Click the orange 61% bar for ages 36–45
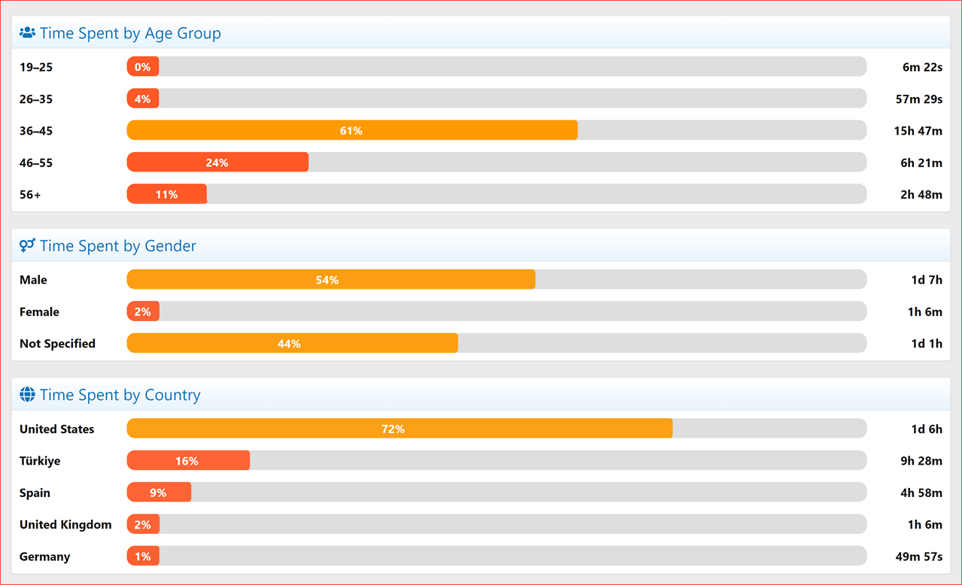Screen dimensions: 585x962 click(352, 131)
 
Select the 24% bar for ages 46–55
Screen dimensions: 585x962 click(217, 162)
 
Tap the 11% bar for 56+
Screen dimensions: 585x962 click(167, 194)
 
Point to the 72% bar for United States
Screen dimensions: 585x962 click(399, 429)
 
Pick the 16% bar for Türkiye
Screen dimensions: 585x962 click(188, 461)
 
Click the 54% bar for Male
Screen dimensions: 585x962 click(331, 280)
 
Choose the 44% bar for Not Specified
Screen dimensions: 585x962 click(292, 344)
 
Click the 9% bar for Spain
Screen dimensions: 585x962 click(159, 493)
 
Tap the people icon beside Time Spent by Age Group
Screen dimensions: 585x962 click(27, 33)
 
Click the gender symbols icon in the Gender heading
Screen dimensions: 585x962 click(27, 246)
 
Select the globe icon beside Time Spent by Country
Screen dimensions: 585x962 click(27, 395)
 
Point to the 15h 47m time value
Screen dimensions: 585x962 click(918, 131)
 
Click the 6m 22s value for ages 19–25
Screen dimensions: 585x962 click(922, 67)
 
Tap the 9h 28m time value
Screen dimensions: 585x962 click(921, 461)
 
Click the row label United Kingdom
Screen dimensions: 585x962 click(65, 525)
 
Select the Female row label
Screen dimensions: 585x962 click(39, 312)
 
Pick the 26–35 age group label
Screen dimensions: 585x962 click(36, 99)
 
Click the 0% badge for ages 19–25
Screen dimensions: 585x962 click(143, 67)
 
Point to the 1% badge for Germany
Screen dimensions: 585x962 click(143, 556)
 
